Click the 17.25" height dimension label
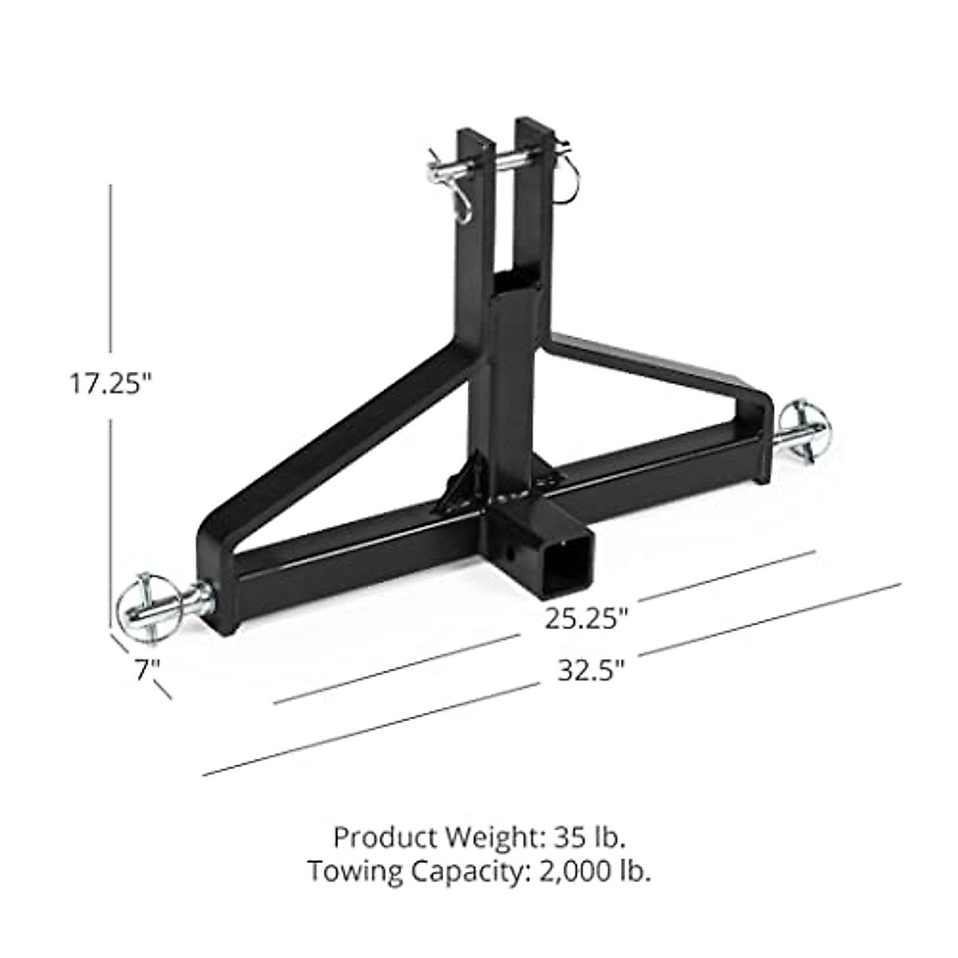(109, 384)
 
